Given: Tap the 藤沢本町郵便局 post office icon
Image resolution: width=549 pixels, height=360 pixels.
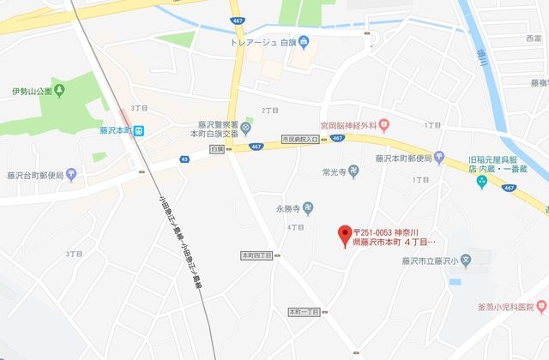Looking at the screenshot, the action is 439,158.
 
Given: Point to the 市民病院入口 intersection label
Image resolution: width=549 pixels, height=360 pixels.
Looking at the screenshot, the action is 299,138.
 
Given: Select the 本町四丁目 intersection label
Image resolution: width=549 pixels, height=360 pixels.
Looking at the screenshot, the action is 256,255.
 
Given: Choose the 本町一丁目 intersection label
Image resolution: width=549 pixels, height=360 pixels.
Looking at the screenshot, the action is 302,311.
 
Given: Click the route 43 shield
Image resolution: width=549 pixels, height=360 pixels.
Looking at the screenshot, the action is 185,159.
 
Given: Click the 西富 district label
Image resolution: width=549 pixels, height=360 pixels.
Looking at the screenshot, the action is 533,39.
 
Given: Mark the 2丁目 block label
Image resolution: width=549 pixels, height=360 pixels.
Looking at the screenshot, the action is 270,111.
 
